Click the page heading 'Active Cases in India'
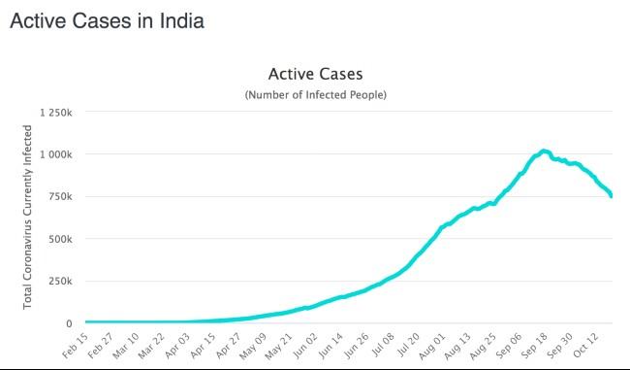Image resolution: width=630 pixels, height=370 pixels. (x=107, y=20)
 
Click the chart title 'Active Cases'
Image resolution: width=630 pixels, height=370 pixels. (x=315, y=75)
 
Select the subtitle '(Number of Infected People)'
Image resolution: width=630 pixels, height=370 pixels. (x=315, y=95)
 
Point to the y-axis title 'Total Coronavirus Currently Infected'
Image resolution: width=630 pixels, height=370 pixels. (x=28, y=217)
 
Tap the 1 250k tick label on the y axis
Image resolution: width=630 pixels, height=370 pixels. (x=55, y=113)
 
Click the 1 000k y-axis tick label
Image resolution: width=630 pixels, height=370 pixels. (x=55, y=154)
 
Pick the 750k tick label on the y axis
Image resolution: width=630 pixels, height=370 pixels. (x=60, y=197)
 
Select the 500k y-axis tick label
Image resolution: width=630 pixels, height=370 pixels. (x=60, y=239)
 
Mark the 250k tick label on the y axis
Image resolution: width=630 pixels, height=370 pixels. (x=60, y=282)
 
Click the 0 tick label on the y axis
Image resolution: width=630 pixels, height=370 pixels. (x=69, y=323)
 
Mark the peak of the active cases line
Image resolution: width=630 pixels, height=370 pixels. (x=544, y=151)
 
